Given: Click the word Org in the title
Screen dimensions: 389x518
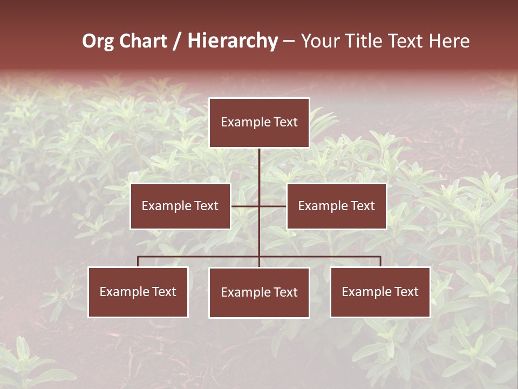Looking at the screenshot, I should tap(98, 41).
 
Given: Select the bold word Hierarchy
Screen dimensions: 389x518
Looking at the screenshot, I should tap(232, 41).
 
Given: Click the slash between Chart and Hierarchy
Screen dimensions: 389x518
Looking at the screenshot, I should tap(177, 41).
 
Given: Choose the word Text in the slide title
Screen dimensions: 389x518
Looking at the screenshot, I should tap(406, 41).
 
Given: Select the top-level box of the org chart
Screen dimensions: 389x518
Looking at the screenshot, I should tap(259, 123).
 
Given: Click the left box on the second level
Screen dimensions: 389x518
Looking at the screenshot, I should tap(180, 206).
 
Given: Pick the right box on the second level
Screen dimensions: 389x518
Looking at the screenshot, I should tap(336, 206).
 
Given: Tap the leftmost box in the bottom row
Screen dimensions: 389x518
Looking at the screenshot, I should tap(138, 292).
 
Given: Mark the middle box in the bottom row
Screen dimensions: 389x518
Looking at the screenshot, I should tap(259, 292).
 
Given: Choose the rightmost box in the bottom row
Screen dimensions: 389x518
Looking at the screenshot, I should tap(380, 292).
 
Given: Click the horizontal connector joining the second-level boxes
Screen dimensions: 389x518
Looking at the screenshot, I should tap(246, 206).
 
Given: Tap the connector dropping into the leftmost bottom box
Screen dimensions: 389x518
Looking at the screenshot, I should tap(138, 261).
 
